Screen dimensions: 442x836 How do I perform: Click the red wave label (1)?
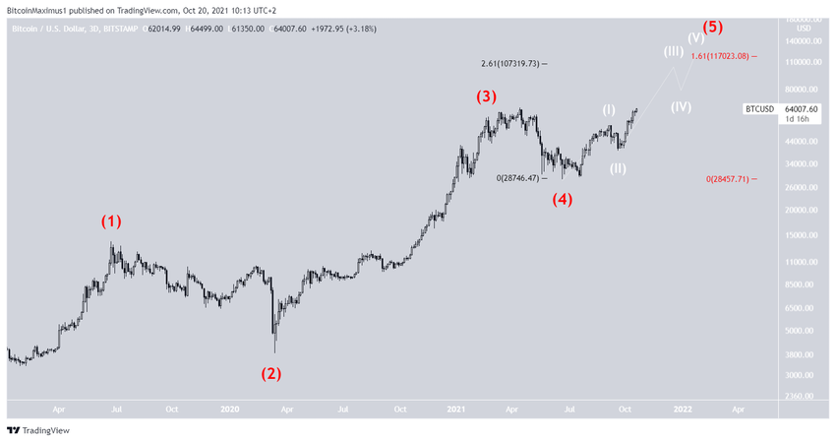[111, 221]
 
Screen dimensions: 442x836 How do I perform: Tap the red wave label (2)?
[270, 373]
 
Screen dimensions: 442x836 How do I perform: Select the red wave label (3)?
[487, 96]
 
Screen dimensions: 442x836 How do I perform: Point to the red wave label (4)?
[562, 199]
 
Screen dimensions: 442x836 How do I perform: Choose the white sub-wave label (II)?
[618, 168]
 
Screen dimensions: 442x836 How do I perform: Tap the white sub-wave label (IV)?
[681, 106]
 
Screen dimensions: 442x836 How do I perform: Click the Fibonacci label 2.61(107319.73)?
[508, 64]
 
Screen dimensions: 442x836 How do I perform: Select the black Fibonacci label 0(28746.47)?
[518, 177]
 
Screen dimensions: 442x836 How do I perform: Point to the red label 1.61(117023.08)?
[722, 56]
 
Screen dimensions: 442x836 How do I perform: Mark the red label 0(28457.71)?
[728, 179]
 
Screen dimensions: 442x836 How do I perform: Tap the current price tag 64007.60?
[796, 108]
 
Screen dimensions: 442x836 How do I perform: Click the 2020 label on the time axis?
[229, 409]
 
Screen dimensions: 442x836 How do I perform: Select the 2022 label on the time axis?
[681, 409]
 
